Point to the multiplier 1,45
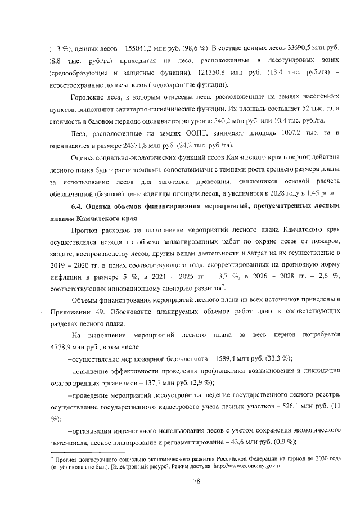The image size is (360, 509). [312, 192]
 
